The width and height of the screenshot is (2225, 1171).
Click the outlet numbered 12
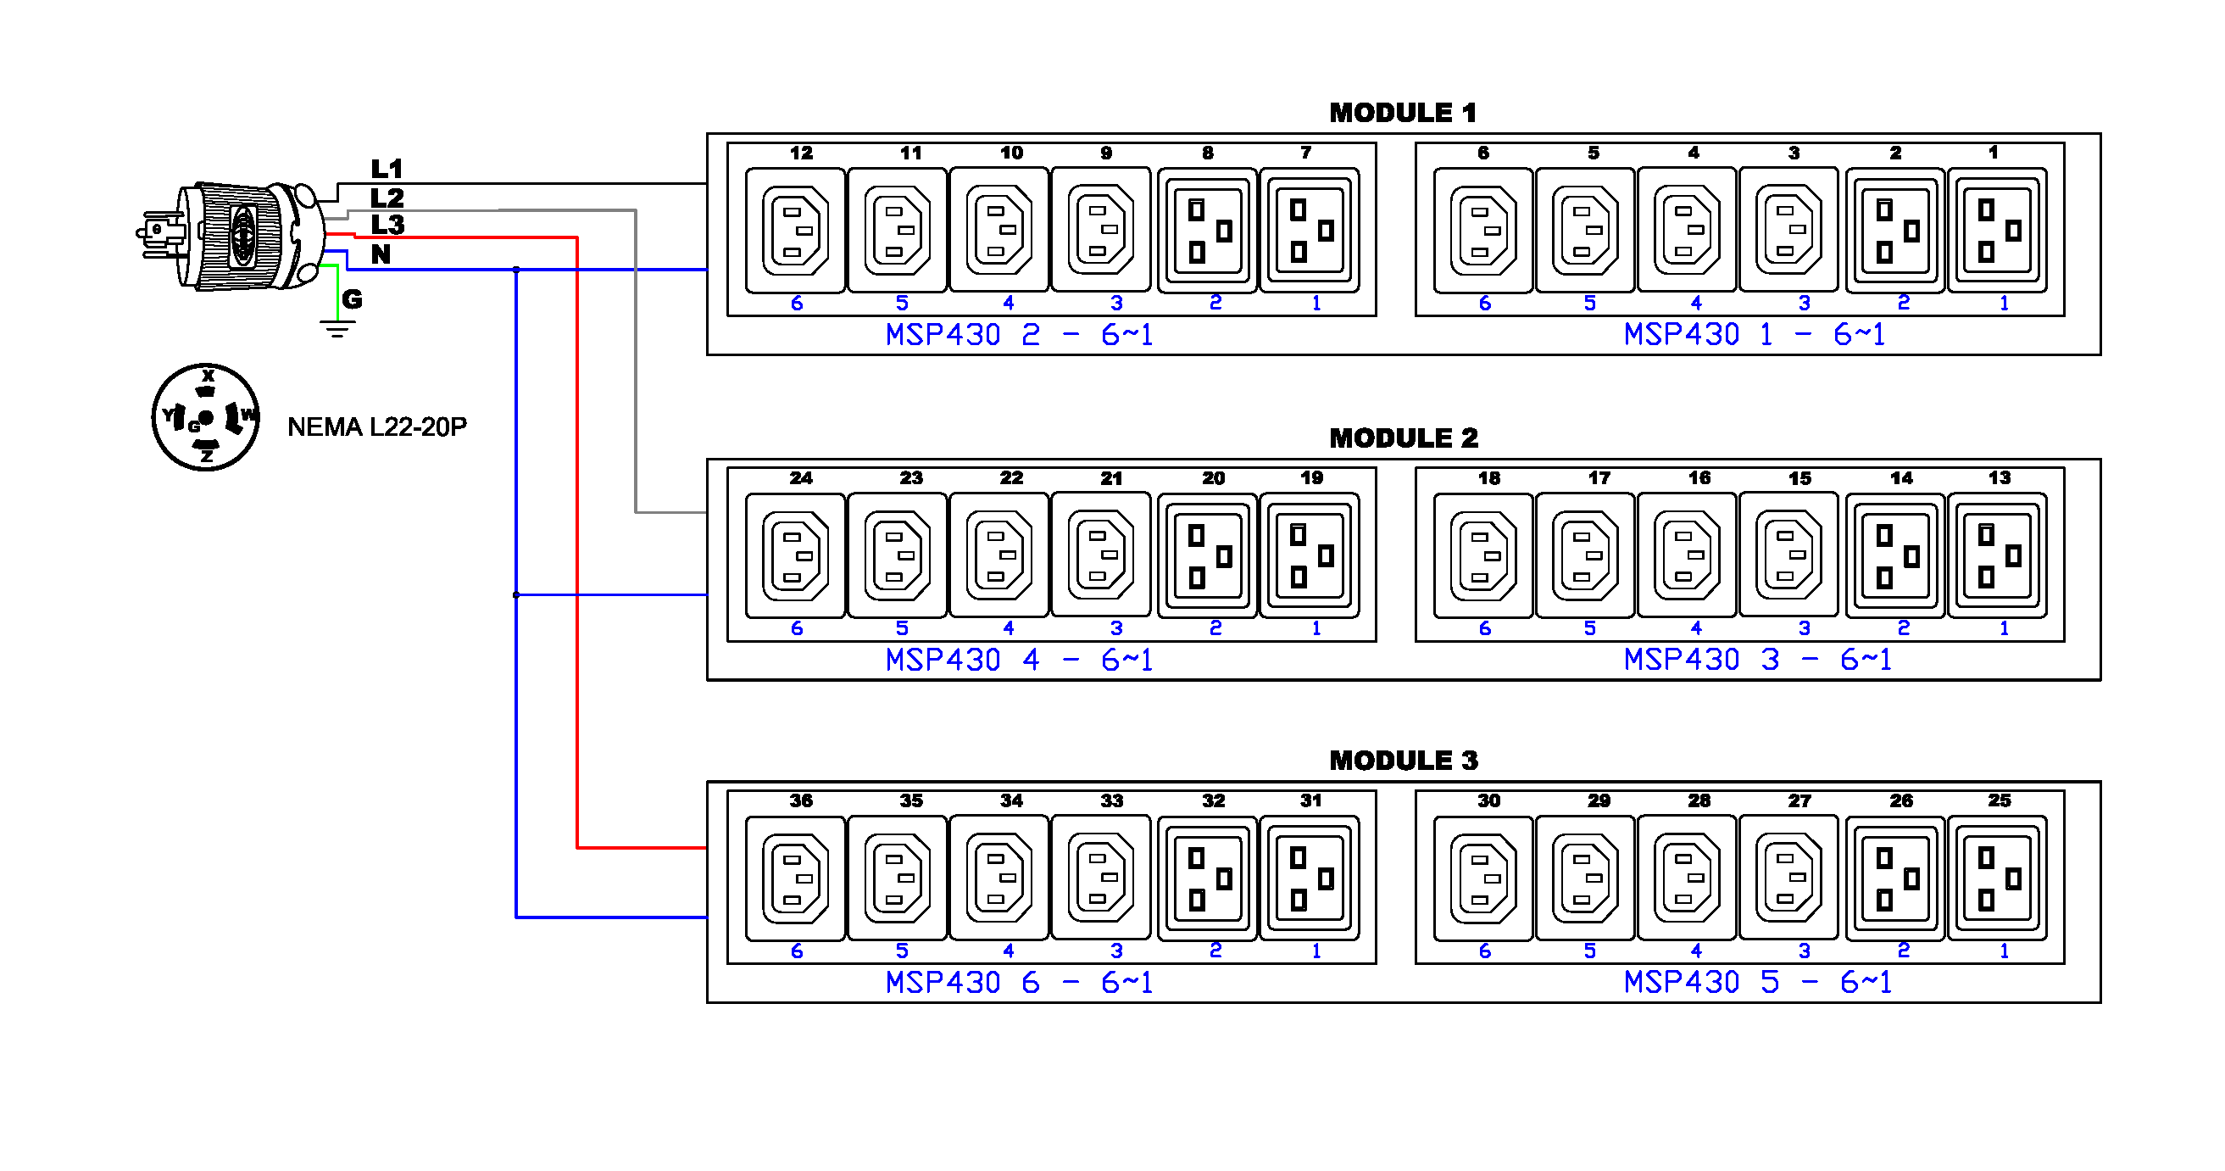795,230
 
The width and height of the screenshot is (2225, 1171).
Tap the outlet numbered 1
1996,230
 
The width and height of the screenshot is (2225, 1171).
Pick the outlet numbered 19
1309,555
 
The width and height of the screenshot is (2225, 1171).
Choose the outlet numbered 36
795,878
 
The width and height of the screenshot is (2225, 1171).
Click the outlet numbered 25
1996,878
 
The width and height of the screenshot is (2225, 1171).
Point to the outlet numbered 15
1788,555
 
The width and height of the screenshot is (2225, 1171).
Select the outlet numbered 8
1207,230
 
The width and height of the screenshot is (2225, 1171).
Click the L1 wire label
387,169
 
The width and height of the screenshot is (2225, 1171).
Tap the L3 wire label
387,225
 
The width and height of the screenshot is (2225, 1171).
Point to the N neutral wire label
380,254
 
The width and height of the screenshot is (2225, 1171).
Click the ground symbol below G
337,328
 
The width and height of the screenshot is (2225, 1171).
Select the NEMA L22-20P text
376,427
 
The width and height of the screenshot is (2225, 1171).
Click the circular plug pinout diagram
206,417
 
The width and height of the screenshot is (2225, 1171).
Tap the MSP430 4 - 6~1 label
1018,661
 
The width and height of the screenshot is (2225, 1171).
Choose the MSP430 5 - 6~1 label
1757,982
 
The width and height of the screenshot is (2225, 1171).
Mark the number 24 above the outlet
800,478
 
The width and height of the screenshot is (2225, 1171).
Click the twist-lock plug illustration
233,235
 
